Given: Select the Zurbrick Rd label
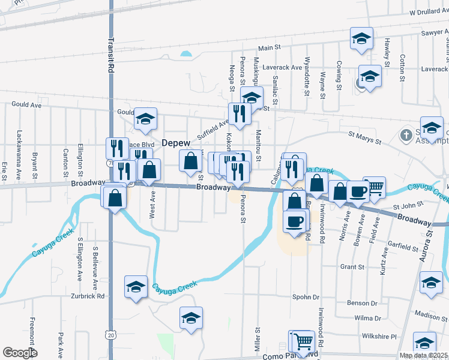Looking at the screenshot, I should [x=89, y=296].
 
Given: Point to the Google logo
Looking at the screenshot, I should [x=20, y=353].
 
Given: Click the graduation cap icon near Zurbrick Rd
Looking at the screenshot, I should [x=136, y=286].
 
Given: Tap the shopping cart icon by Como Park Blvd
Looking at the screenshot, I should [x=304, y=341].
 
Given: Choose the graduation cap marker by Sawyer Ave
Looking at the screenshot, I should [x=361, y=38].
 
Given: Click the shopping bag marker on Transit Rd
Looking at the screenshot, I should [x=114, y=196].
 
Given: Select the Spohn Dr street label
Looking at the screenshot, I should [x=306, y=297].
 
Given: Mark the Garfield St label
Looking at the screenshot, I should [x=403, y=247].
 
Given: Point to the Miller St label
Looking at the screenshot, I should [x=257, y=338].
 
